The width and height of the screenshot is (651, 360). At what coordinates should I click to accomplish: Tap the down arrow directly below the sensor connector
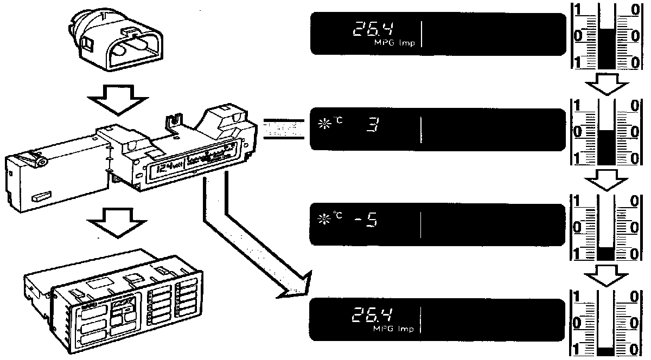point(118,100)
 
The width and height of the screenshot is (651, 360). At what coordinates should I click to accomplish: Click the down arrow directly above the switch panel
point(118,222)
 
